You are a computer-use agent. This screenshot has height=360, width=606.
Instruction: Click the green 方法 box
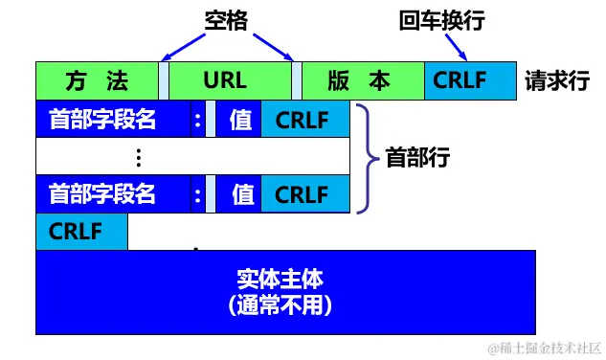coord(96,80)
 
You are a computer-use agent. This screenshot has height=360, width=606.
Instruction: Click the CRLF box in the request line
coord(468,80)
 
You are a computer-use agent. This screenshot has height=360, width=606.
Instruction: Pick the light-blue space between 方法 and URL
coord(163,80)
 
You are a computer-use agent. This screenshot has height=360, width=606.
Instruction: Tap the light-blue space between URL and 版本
coord(296,80)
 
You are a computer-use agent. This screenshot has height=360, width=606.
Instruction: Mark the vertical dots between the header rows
coord(139,157)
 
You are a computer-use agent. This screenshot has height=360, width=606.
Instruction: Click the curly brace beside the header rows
coord(363,157)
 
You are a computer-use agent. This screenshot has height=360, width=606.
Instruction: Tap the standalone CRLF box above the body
coord(81,232)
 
